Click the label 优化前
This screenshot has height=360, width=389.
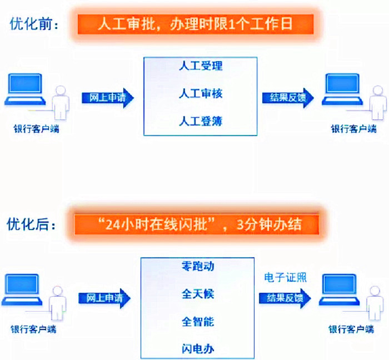tap(34, 24)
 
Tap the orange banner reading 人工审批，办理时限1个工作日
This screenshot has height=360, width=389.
tap(194, 24)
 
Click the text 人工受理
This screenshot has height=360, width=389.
tap(201, 66)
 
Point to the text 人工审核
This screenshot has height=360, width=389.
tap(201, 93)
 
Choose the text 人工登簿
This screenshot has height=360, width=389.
tap(201, 121)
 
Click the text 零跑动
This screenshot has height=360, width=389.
tap(198, 266)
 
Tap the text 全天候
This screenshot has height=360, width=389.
tap(198, 293)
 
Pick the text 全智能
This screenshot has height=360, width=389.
tap(198, 321)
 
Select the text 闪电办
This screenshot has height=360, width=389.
tap(198, 348)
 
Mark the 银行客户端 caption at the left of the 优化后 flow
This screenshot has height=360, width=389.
tap(34, 329)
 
